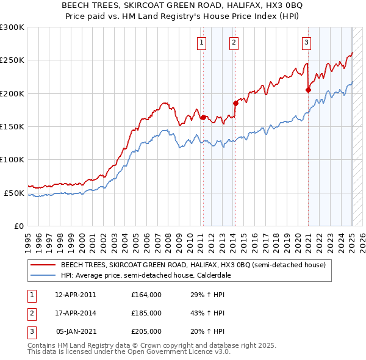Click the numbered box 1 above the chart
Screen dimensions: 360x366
[x=201, y=43]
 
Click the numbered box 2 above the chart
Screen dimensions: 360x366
[x=234, y=43]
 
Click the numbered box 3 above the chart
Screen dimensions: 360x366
[x=306, y=43]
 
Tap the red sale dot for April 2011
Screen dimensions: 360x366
[x=203, y=117]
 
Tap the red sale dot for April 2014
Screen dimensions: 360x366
[x=235, y=103]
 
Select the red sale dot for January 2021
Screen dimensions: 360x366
[x=308, y=90]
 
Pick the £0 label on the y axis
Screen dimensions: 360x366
[x=18, y=226]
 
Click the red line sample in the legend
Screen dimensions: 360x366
[x=42, y=265]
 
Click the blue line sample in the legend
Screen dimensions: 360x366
[x=42, y=275]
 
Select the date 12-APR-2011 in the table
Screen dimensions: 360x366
[x=76, y=295]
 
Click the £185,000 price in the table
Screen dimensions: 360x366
[x=146, y=313]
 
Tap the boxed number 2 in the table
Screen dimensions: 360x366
[x=30, y=313]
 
